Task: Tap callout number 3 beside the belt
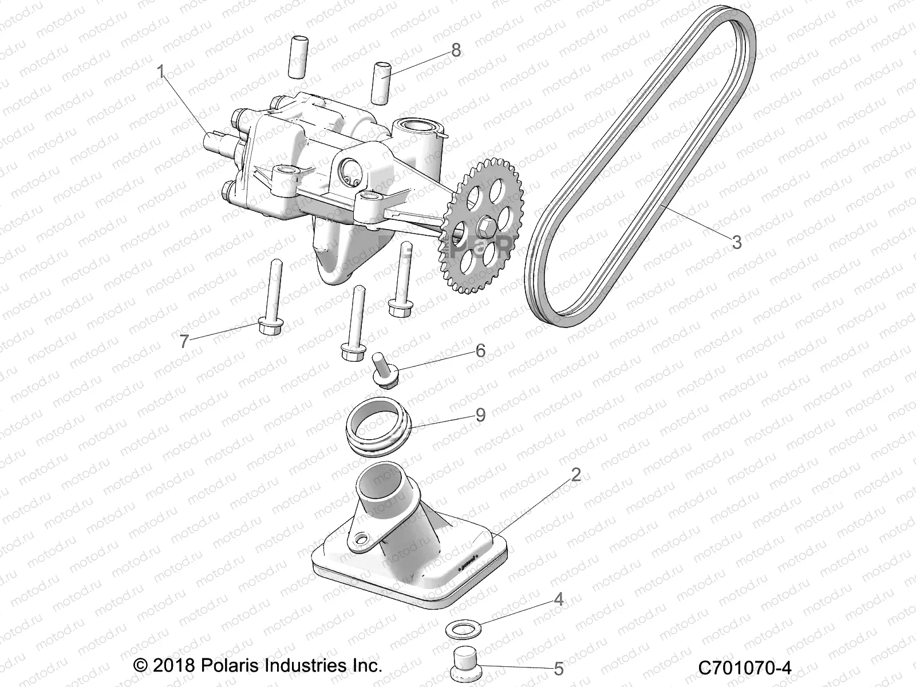coord(737,242)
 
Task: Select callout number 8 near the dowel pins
coord(456,50)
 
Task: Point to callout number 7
coord(184,342)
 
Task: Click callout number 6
coord(480,350)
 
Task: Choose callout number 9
coord(480,414)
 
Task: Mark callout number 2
coord(576,475)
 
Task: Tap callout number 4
coord(559,599)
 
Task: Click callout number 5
coord(559,668)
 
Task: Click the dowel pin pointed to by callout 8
coord(382,84)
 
